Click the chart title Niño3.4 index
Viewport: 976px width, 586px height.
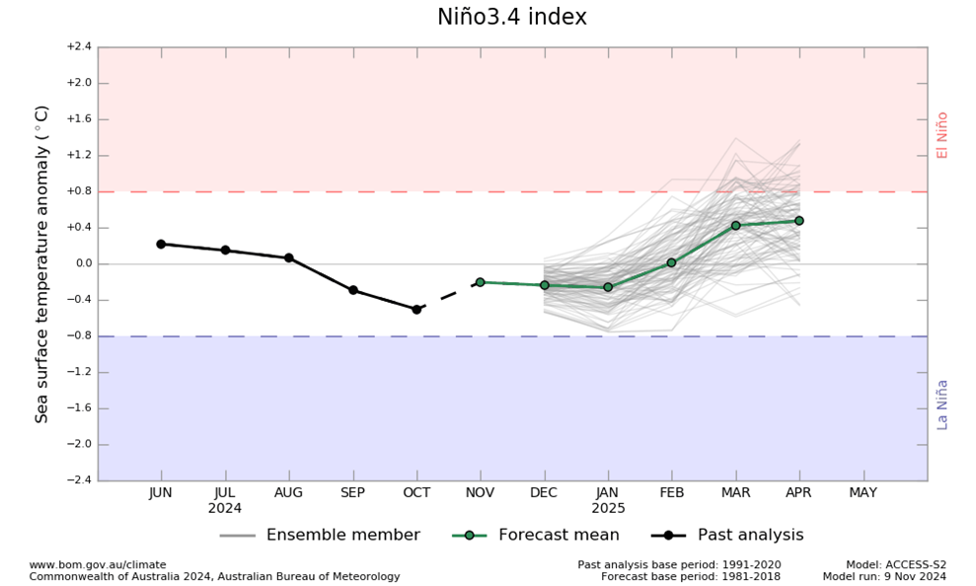click(x=511, y=18)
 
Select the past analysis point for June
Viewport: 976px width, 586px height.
click(x=161, y=244)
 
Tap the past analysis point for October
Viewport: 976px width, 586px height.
click(x=416, y=309)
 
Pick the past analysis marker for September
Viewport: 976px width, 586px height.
click(x=352, y=290)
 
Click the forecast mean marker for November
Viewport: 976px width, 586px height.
click(x=481, y=282)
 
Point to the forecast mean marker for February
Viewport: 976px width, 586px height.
click(x=671, y=262)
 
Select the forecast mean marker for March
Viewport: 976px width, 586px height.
click(x=735, y=226)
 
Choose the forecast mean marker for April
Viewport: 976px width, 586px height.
click(x=799, y=221)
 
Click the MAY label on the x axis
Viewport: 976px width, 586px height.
click(x=863, y=493)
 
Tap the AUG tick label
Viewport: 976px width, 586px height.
click(x=288, y=493)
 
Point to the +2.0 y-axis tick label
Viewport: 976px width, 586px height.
click(x=79, y=83)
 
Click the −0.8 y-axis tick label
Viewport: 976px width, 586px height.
click(x=79, y=336)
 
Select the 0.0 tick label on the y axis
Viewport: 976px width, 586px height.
click(x=80, y=263)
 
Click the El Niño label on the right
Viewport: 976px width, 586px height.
click(x=942, y=135)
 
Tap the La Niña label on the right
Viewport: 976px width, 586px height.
click(x=942, y=404)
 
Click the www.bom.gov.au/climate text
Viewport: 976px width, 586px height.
click(x=98, y=564)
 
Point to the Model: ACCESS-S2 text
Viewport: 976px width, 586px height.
click(x=896, y=564)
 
